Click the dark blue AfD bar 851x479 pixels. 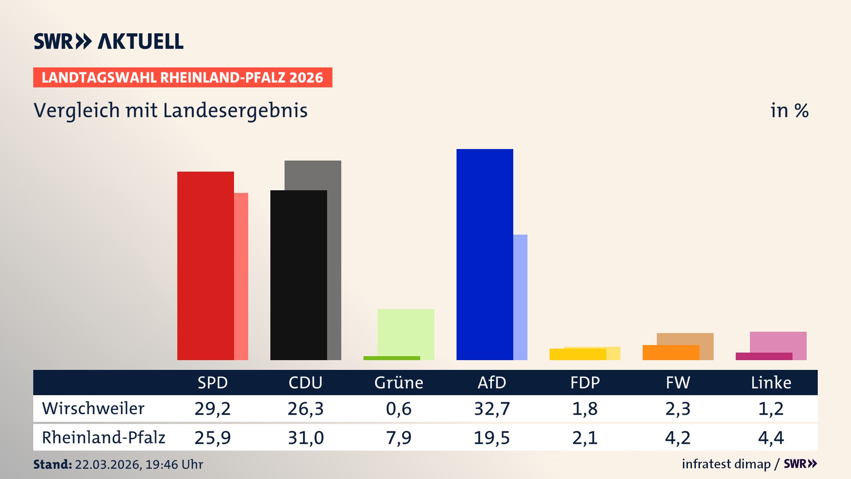(484, 255)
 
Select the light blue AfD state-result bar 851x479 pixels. (521, 297)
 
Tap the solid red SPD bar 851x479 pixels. (205, 266)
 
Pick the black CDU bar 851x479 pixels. (298, 275)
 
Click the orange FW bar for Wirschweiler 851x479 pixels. (670, 353)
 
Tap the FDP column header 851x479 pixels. (585, 382)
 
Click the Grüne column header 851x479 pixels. (398, 382)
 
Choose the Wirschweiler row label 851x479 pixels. (93, 408)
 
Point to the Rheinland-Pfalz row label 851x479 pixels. (103, 438)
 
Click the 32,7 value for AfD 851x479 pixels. (492, 408)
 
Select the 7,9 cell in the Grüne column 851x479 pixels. (398, 438)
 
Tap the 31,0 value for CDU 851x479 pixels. (305, 438)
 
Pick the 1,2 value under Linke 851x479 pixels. (771, 408)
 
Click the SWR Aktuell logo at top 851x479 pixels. (109, 41)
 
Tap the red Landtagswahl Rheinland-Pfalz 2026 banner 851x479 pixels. (183, 78)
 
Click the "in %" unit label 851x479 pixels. (789, 110)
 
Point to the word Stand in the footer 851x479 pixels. (52, 464)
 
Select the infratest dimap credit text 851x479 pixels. (726, 464)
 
